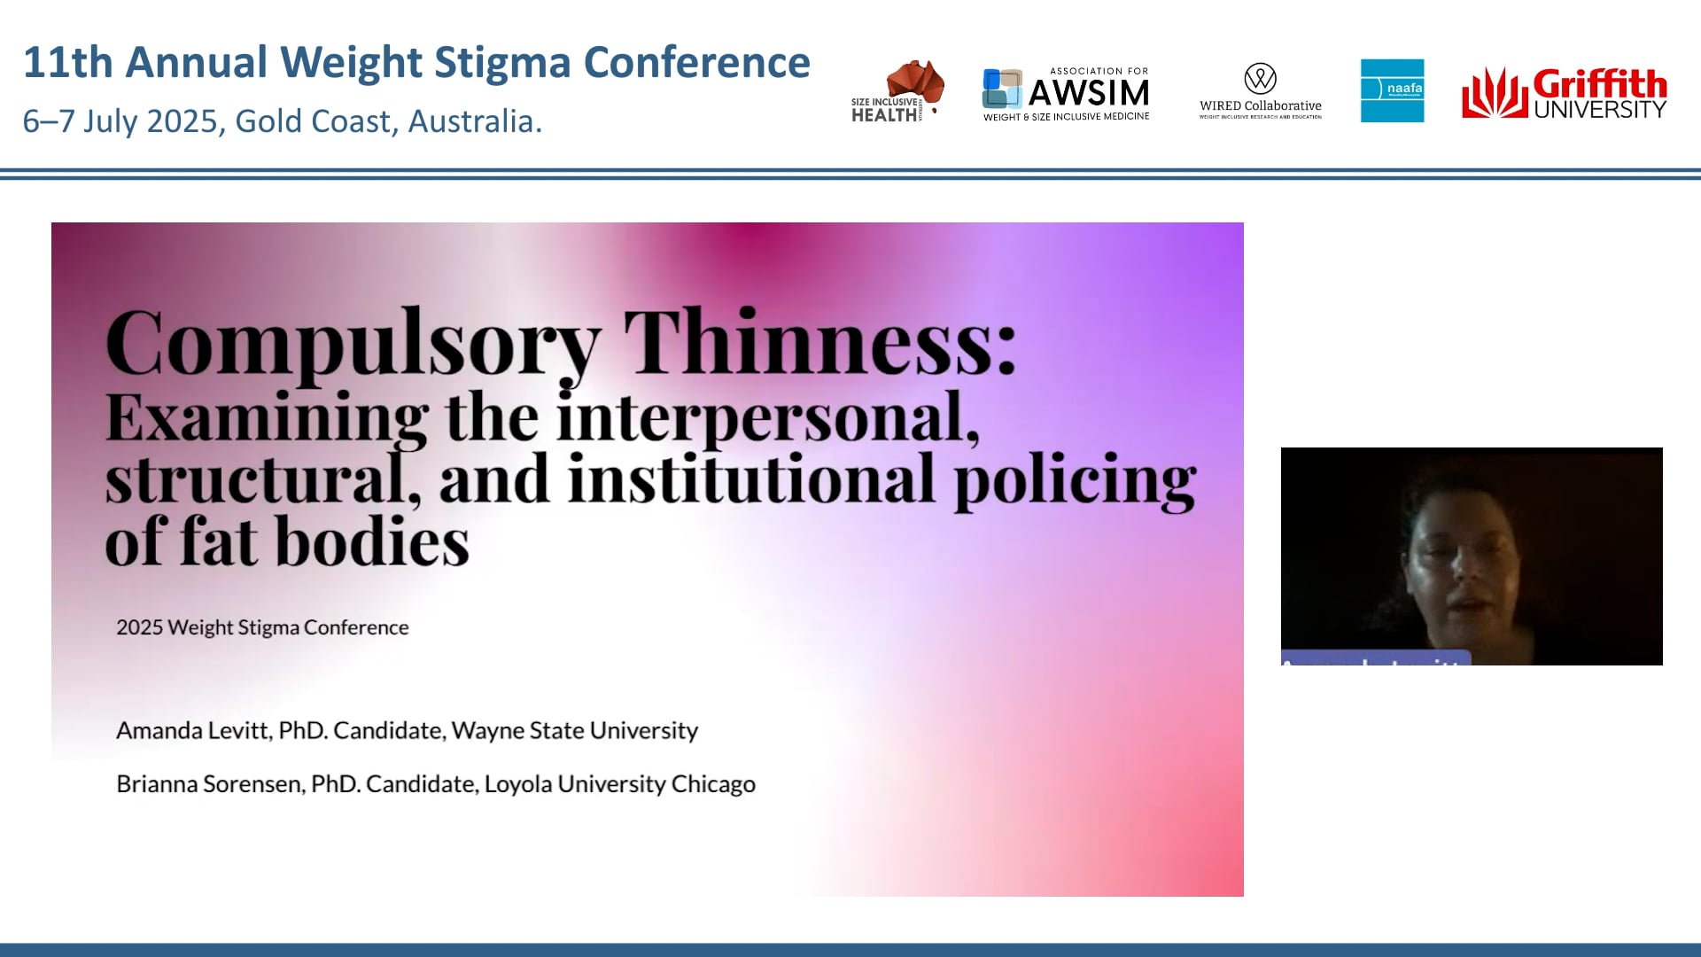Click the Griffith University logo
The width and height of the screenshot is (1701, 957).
tap(1564, 93)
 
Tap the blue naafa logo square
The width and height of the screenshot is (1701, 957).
tap(1392, 90)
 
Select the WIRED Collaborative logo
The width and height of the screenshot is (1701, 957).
tap(1260, 91)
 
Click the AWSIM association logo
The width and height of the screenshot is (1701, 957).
tap(1066, 93)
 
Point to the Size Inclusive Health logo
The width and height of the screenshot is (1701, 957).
tap(897, 91)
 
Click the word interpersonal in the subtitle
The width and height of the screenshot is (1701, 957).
tap(767, 416)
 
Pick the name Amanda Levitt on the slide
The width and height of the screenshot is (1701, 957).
tap(193, 730)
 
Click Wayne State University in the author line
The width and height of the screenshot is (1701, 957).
tap(574, 730)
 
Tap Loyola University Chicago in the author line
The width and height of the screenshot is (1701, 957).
tap(619, 784)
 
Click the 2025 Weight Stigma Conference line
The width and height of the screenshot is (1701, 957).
tap(262, 627)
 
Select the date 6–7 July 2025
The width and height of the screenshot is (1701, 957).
tap(120, 121)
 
